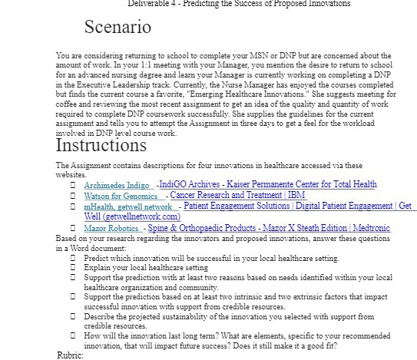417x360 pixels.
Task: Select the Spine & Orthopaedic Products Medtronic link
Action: click(269, 229)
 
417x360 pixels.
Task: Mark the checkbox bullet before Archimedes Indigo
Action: click(72, 185)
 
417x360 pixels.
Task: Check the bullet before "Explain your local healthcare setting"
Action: click(72, 268)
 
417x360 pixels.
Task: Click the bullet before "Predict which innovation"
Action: click(72, 259)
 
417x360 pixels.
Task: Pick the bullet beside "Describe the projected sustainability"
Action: click(72, 315)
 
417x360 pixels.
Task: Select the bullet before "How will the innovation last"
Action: click(72, 335)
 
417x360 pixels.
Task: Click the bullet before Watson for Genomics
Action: click(72, 196)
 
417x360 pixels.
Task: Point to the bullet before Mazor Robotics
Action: click(72, 229)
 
